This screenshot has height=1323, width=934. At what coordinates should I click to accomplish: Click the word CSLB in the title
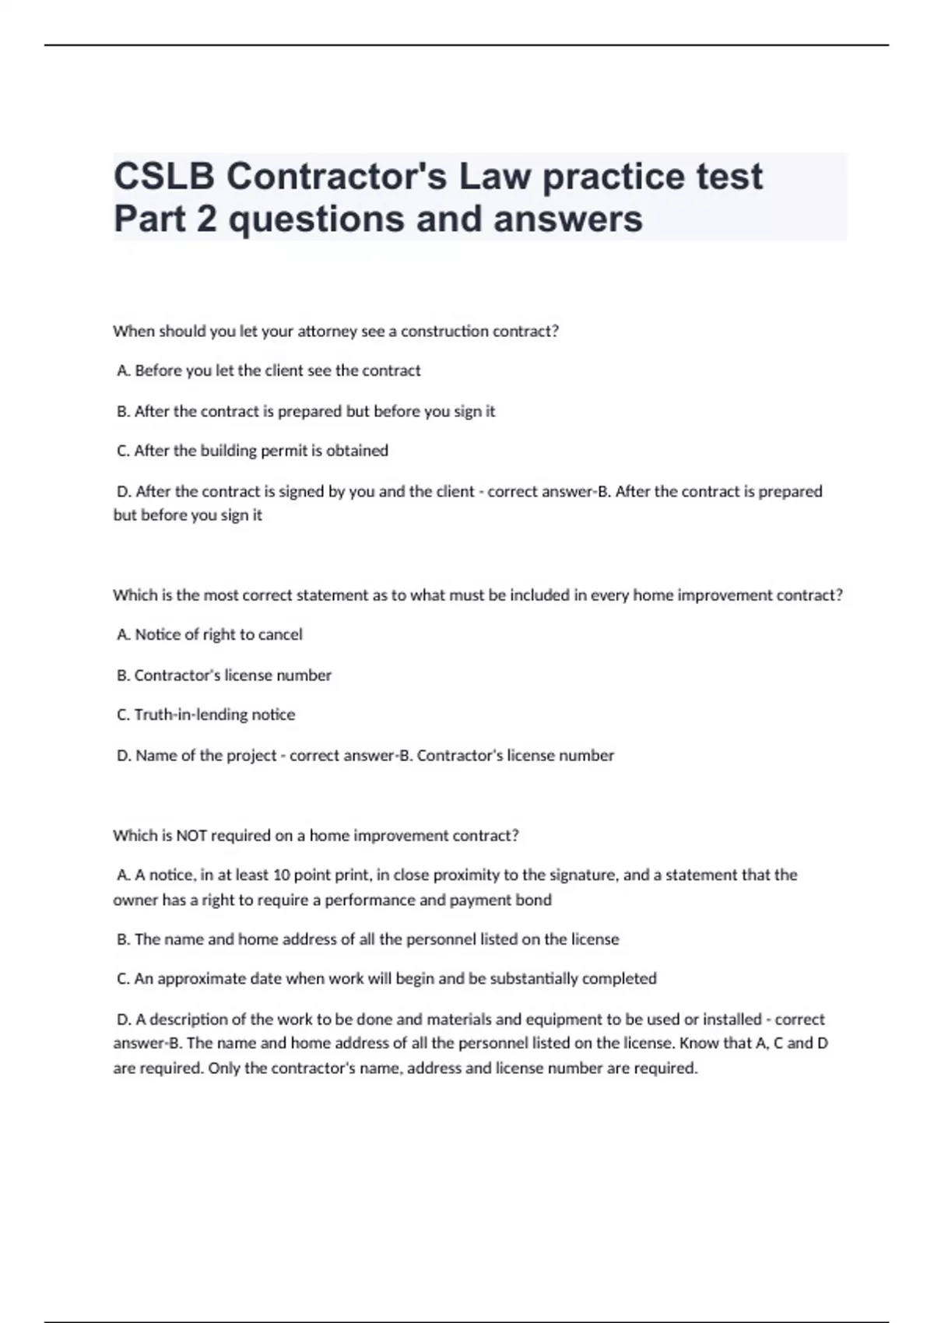[x=164, y=177]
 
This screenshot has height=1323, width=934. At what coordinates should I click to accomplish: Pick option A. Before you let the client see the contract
[x=269, y=371]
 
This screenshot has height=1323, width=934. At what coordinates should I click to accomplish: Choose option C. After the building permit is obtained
[x=252, y=451]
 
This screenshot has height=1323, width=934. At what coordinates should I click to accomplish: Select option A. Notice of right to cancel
[x=209, y=635]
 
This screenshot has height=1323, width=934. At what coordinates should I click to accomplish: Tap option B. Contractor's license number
[x=224, y=676]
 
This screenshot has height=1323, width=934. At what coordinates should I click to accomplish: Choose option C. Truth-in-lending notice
[x=206, y=714]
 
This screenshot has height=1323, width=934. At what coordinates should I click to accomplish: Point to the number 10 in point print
[x=281, y=876]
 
